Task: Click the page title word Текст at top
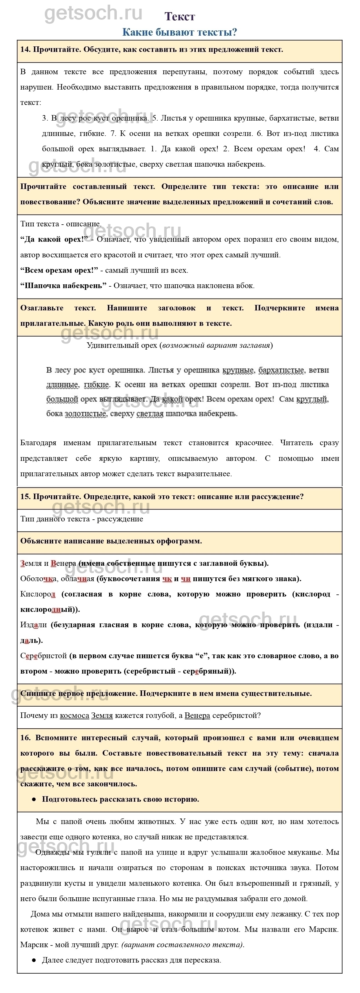(180, 16)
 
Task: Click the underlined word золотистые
(85, 414)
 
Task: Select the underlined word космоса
(74, 715)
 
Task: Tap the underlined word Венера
(197, 715)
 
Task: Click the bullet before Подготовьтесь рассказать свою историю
(34, 799)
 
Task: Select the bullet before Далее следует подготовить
(34, 960)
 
